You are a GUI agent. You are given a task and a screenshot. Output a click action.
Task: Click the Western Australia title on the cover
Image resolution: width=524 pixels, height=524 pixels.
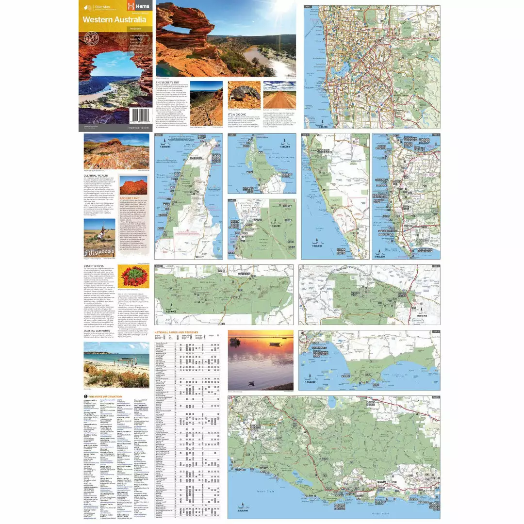click(114, 20)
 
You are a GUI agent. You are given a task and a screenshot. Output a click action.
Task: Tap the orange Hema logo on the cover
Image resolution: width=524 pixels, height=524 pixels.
click(133, 6)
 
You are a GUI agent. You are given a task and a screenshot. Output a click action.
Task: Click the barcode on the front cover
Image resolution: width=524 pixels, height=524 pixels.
click(141, 116)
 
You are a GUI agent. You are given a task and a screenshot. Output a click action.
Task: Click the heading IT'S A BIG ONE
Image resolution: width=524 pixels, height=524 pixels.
click(241, 114)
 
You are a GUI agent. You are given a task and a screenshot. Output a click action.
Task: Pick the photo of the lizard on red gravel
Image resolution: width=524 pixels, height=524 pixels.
click(244, 95)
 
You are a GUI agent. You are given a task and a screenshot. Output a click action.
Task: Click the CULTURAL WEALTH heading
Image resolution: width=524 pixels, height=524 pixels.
click(96, 176)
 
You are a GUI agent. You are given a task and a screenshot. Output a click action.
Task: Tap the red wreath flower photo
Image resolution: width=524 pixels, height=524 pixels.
click(133, 277)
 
